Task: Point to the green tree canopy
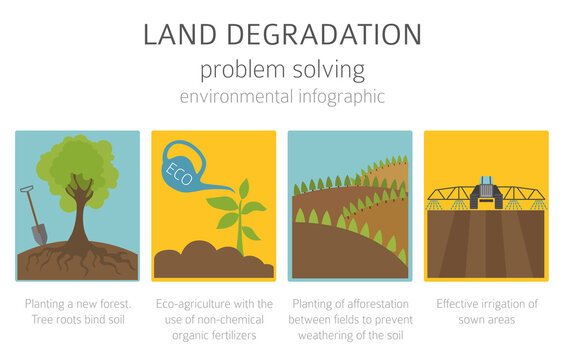(x=75, y=160)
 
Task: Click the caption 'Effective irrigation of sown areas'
(x=486, y=311)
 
